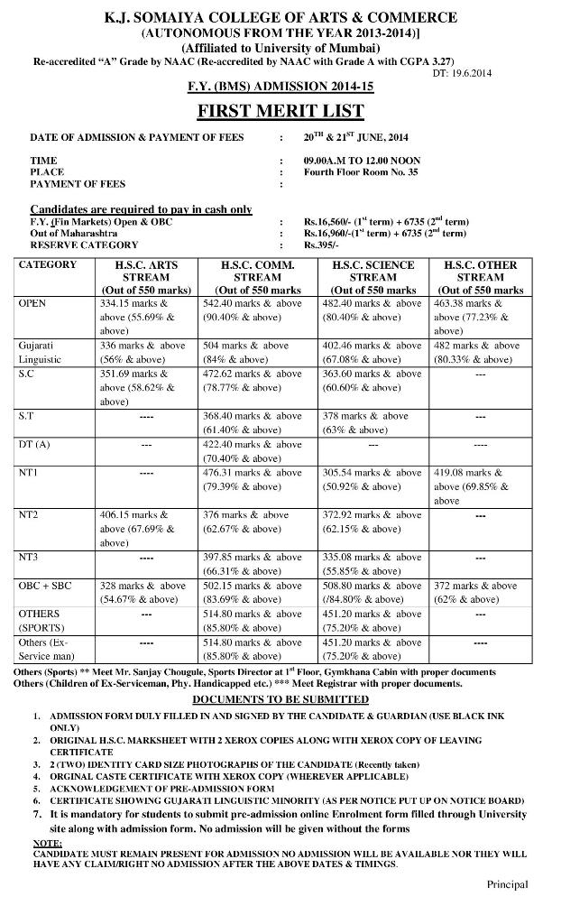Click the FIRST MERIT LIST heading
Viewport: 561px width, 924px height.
(280, 111)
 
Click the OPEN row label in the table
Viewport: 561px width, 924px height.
(32, 304)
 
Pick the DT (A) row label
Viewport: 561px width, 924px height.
(34, 445)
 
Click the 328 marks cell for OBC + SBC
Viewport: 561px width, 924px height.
(144, 592)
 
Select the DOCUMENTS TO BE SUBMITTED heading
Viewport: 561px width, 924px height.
(280, 699)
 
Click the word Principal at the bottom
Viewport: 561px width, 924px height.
(508, 884)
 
